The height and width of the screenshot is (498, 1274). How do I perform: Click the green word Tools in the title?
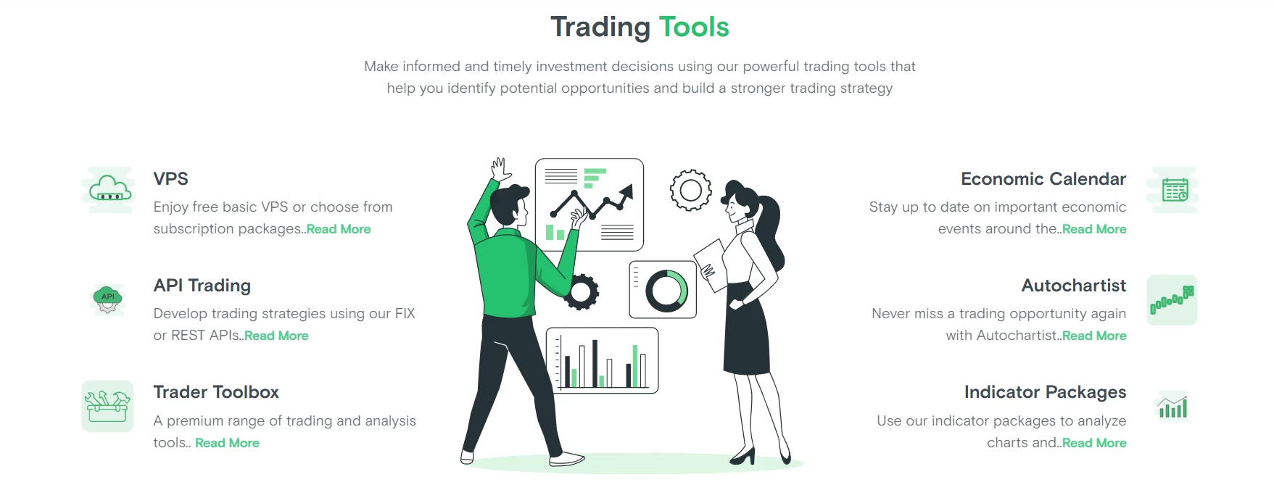pos(694,28)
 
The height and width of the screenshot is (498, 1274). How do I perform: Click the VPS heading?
pos(170,179)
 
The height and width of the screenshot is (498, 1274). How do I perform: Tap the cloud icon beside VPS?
pos(109,190)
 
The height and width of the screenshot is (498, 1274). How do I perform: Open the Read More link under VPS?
pos(339,229)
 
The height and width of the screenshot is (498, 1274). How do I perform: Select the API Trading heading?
pos(202,286)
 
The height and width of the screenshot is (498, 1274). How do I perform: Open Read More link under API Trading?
pos(276,336)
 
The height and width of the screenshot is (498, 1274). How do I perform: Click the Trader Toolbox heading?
pos(216,392)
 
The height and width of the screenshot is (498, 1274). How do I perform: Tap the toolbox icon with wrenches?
pos(107,406)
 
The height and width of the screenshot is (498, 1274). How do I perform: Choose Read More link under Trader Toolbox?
pos(227,443)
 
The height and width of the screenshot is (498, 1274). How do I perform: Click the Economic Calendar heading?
pos(1043,179)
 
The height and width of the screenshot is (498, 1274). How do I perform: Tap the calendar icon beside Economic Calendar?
pos(1175,191)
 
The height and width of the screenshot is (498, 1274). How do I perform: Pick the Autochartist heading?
pos(1074,286)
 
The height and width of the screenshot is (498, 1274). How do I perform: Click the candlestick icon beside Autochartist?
pos(1172,300)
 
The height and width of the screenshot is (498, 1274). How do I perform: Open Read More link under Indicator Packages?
pos(1094,443)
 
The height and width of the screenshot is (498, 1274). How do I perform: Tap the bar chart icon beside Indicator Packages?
pos(1172,407)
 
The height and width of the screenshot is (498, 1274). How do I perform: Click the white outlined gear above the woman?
pos(690,191)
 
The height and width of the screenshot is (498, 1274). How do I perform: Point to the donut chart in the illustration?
pos(666,291)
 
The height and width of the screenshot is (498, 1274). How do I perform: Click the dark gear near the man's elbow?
pos(581,292)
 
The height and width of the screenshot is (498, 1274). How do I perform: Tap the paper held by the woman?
pos(711,265)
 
